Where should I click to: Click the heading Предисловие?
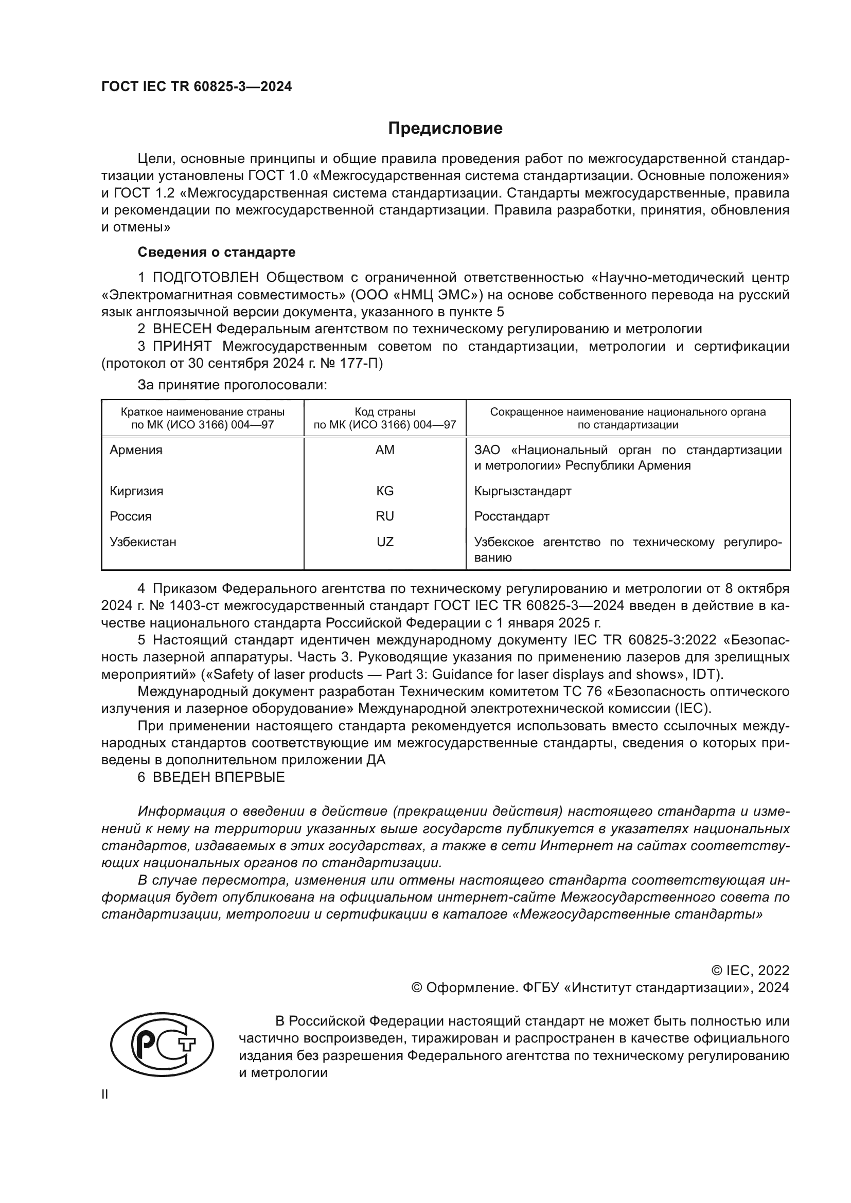pyautogui.click(x=445, y=129)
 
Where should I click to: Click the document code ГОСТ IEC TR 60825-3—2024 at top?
pyautogui.click(x=197, y=87)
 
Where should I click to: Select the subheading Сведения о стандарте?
pyautogui.click(x=217, y=252)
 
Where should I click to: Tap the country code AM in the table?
pyautogui.click(x=385, y=450)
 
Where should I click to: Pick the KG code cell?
pyautogui.click(x=385, y=491)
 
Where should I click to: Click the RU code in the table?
pyautogui.click(x=385, y=516)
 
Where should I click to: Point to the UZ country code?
pyautogui.click(x=385, y=542)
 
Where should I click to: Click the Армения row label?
pyautogui.click(x=136, y=450)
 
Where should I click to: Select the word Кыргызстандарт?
pyautogui.click(x=522, y=491)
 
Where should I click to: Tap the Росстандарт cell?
pyautogui.click(x=511, y=516)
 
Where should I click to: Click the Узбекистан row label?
pyautogui.click(x=143, y=542)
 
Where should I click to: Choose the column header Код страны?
pyautogui.click(x=385, y=412)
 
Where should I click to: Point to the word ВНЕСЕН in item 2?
pyautogui.click(x=182, y=329)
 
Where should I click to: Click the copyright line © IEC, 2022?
pyautogui.click(x=750, y=971)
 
